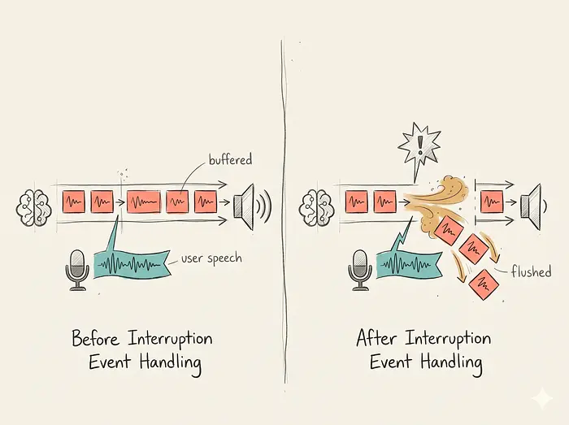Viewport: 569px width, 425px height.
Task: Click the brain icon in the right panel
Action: pos(315,208)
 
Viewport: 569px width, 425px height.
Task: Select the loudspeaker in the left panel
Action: pos(251,206)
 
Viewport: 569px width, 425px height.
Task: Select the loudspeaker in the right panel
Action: pos(532,206)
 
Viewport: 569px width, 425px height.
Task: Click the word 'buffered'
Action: pos(230,159)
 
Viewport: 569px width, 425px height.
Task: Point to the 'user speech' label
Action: pos(211,258)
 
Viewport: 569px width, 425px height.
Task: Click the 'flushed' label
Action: pos(532,271)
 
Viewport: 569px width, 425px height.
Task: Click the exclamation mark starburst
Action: pos(419,144)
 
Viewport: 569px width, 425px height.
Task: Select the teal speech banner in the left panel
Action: pos(132,264)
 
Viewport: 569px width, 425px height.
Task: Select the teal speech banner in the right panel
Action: pos(410,264)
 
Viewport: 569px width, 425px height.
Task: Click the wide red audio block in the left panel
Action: pos(143,202)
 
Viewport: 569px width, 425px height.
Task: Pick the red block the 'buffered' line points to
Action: pos(177,202)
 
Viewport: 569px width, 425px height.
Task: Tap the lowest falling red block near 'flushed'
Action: pos(484,284)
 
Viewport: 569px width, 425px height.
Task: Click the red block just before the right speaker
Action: pos(492,202)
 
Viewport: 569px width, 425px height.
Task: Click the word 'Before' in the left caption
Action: pos(95,338)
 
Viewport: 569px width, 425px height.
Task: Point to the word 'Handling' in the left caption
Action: pos(171,363)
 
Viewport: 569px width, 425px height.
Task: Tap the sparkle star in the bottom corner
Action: pos(542,398)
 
